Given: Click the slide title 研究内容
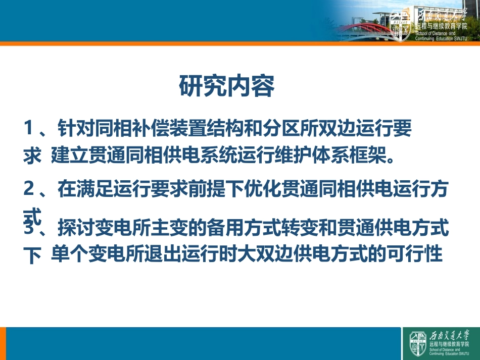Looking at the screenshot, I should (x=227, y=86).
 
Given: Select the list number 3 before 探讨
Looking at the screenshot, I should (x=29, y=228).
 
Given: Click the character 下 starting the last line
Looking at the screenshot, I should (x=32, y=256).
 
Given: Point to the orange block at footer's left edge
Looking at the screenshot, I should (x=3, y=343).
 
